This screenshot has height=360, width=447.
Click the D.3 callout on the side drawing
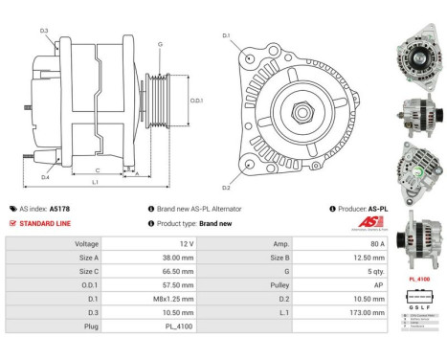[44, 31]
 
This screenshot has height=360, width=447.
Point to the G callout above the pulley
[160, 45]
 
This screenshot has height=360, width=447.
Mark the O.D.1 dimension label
[195, 100]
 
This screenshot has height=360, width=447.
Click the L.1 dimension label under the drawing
[96, 182]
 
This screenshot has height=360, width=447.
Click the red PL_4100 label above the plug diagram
[419, 279]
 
